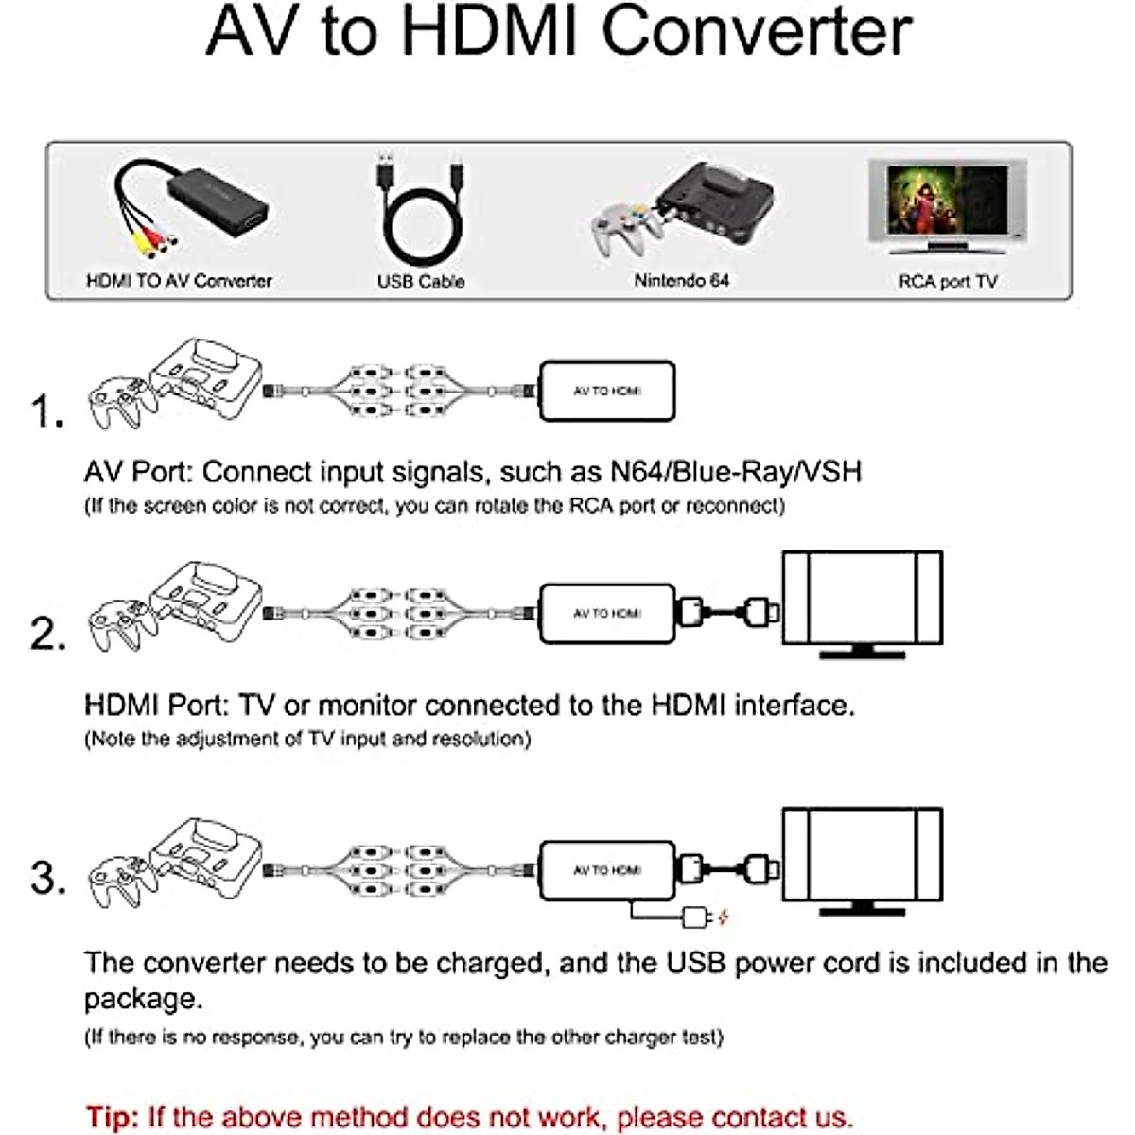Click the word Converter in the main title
pyautogui.click(x=757, y=33)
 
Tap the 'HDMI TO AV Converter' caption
pyautogui.click(x=179, y=281)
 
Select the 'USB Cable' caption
pyautogui.click(x=421, y=281)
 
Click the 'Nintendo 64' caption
pyautogui.click(x=681, y=280)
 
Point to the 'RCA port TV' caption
pyautogui.click(x=948, y=281)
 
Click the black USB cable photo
pyautogui.click(x=422, y=216)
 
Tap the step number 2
pyautogui.click(x=47, y=634)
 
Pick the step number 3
pyautogui.click(x=47, y=878)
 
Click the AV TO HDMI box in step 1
pyautogui.click(x=606, y=391)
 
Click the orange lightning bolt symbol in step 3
pyautogui.click(x=725, y=917)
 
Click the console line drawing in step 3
pyautogui.click(x=203, y=856)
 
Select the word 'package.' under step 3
pyautogui.click(x=143, y=999)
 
